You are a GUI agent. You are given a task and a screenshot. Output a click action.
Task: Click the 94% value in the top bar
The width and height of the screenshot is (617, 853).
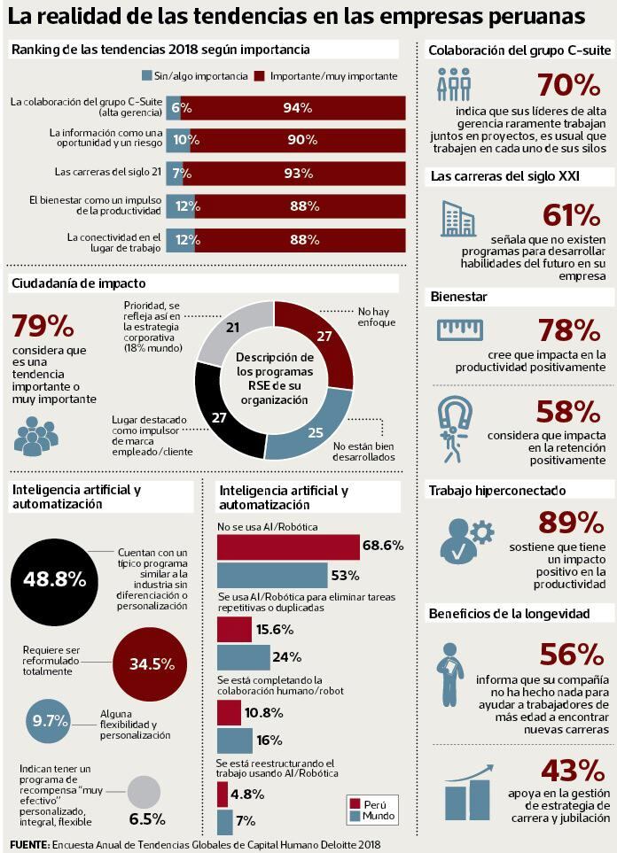pyautogui.click(x=297, y=108)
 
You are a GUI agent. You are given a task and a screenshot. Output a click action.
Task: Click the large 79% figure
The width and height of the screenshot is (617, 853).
pyautogui.click(x=42, y=326)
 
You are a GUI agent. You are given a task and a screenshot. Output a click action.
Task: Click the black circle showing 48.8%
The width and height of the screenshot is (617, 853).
pyautogui.click(x=54, y=580)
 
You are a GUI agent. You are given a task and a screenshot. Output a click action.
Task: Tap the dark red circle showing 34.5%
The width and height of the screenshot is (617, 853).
pyautogui.click(x=151, y=663)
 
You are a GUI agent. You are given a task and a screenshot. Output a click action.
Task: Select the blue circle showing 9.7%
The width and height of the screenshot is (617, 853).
pyautogui.click(x=50, y=720)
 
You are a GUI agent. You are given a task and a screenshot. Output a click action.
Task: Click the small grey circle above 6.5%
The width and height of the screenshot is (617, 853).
pyautogui.click(x=144, y=791)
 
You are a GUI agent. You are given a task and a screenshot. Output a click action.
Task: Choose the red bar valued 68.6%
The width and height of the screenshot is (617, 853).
pyautogui.click(x=288, y=547)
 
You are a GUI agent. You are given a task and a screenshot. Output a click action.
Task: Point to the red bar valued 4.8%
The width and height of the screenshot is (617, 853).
pyautogui.click(x=222, y=794)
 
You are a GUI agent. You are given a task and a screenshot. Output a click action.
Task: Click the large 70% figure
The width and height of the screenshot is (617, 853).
pyautogui.click(x=568, y=85)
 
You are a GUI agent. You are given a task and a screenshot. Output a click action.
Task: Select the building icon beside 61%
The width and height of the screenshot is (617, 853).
pyautogui.click(x=457, y=218)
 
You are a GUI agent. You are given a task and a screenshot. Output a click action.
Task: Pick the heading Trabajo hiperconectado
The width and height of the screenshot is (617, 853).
pyautogui.click(x=496, y=490)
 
